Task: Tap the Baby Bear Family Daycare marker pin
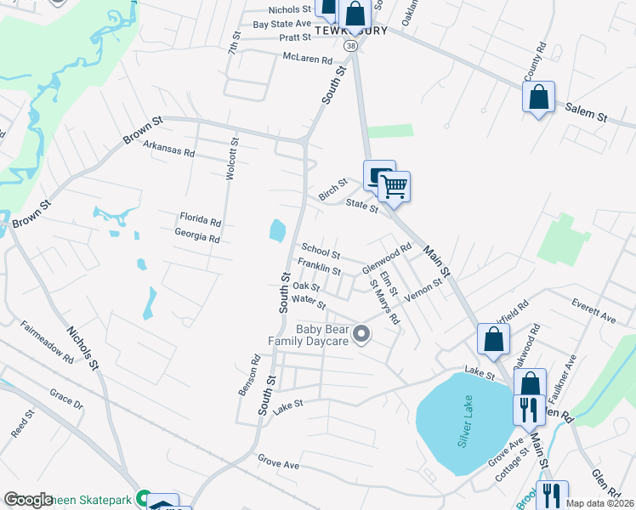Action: tap(362, 335)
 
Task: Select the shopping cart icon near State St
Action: tap(395, 185)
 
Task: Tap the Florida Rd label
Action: tap(200, 219)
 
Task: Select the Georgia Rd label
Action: tap(196, 236)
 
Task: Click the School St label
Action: tap(321, 252)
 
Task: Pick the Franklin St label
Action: tap(319, 270)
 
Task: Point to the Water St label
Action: tap(309, 302)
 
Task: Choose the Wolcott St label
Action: tap(230, 159)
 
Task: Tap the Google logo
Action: tap(28, 500)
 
